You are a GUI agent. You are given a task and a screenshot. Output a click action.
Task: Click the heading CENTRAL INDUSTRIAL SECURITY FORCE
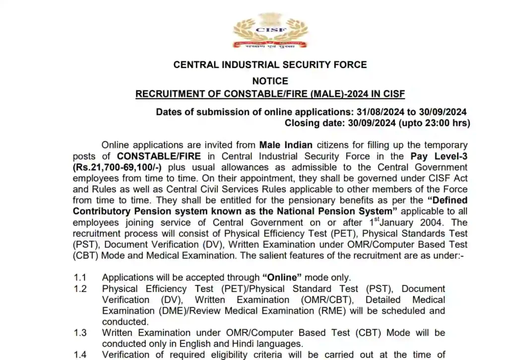point(270,65)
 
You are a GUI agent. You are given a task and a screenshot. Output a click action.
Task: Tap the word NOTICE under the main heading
point(270,80)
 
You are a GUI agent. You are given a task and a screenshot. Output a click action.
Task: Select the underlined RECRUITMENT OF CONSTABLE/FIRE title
point(270,94)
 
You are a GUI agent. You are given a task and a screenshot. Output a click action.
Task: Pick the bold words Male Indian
point(286,145)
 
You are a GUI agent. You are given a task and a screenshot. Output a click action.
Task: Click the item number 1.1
point(80,278)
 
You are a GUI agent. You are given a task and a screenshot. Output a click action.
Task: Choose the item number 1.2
point(80,288)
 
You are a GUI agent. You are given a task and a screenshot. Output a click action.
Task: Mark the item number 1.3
point(80,332)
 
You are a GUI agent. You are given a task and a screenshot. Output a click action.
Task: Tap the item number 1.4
point(80,354)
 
